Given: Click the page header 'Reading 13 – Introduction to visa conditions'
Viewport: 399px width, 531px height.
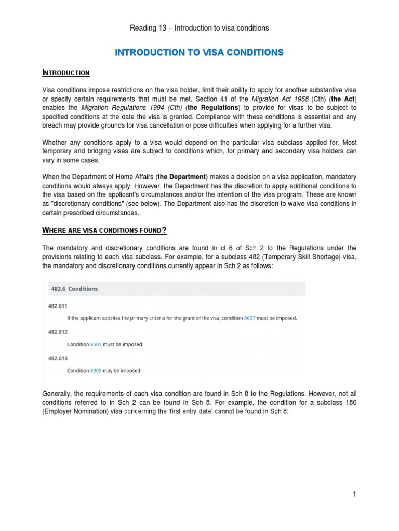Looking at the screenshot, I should coord(199,28).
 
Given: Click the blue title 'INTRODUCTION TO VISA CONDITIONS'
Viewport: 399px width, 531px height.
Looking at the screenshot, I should coord(199,52).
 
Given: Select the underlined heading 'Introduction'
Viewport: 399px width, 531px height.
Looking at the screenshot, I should coord(66,73).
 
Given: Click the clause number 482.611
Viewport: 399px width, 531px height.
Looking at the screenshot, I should coord(58,306).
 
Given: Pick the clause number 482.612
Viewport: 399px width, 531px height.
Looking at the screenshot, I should coord(58,332).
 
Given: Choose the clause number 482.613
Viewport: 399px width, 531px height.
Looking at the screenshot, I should coord(58,358).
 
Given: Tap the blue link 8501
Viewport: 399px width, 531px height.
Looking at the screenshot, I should coord(96,344).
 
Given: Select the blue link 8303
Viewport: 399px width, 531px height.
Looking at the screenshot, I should coord(96,371).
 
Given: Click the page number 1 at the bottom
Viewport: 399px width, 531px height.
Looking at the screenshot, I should coord(354,495).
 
